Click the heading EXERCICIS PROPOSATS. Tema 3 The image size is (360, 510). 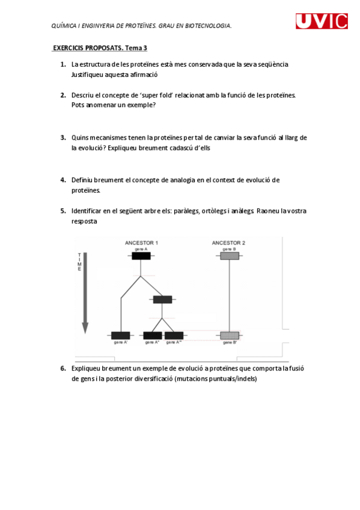pos(100,48)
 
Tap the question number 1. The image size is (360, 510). pos(63,64)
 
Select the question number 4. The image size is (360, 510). pos(63,180)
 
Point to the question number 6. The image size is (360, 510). pos(63,368)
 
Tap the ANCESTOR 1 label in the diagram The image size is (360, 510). pos(141,243)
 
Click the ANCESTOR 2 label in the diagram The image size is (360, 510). pos(228,243)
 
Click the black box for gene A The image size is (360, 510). pos(141,256)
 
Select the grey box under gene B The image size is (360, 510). pos(229,256)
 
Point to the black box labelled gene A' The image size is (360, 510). pos(120,335)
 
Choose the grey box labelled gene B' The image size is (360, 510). pos(229,335)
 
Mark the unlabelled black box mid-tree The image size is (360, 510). pos(162,300)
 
